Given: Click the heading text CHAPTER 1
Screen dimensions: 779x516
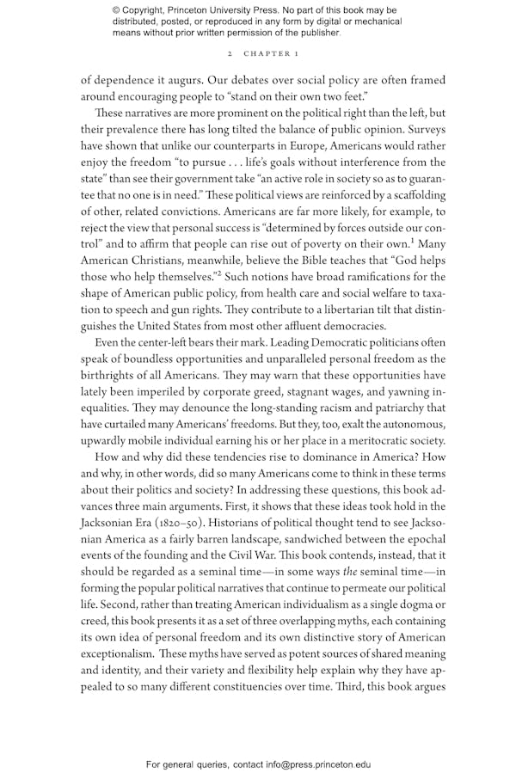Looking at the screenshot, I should [271, 53].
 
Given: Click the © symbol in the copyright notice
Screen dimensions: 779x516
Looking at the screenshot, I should [116, 9].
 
